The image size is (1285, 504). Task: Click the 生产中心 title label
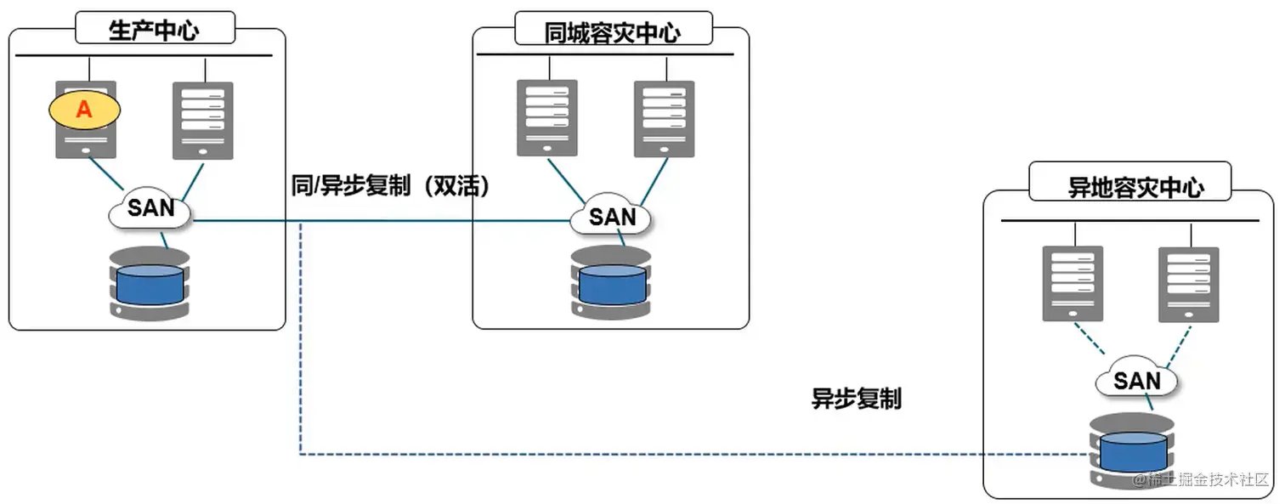(155, 30)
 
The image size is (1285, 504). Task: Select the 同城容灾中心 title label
(611, 31)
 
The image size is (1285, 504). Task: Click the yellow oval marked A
(84, 109)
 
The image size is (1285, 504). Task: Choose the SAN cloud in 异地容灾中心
(1136, 380)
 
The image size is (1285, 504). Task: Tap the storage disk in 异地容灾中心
(1132, 450)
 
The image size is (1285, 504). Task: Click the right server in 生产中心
(203, 120)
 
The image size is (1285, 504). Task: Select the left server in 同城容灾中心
(547, 117)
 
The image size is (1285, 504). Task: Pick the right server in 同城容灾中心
(664, 117)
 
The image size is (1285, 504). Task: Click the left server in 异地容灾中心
(1073, 283)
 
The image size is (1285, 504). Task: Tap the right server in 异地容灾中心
(1188, 283)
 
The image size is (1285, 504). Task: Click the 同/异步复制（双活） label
(391, 187)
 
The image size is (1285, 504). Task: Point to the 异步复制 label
(856, 399)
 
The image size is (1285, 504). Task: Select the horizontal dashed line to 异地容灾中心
(680, 454)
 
